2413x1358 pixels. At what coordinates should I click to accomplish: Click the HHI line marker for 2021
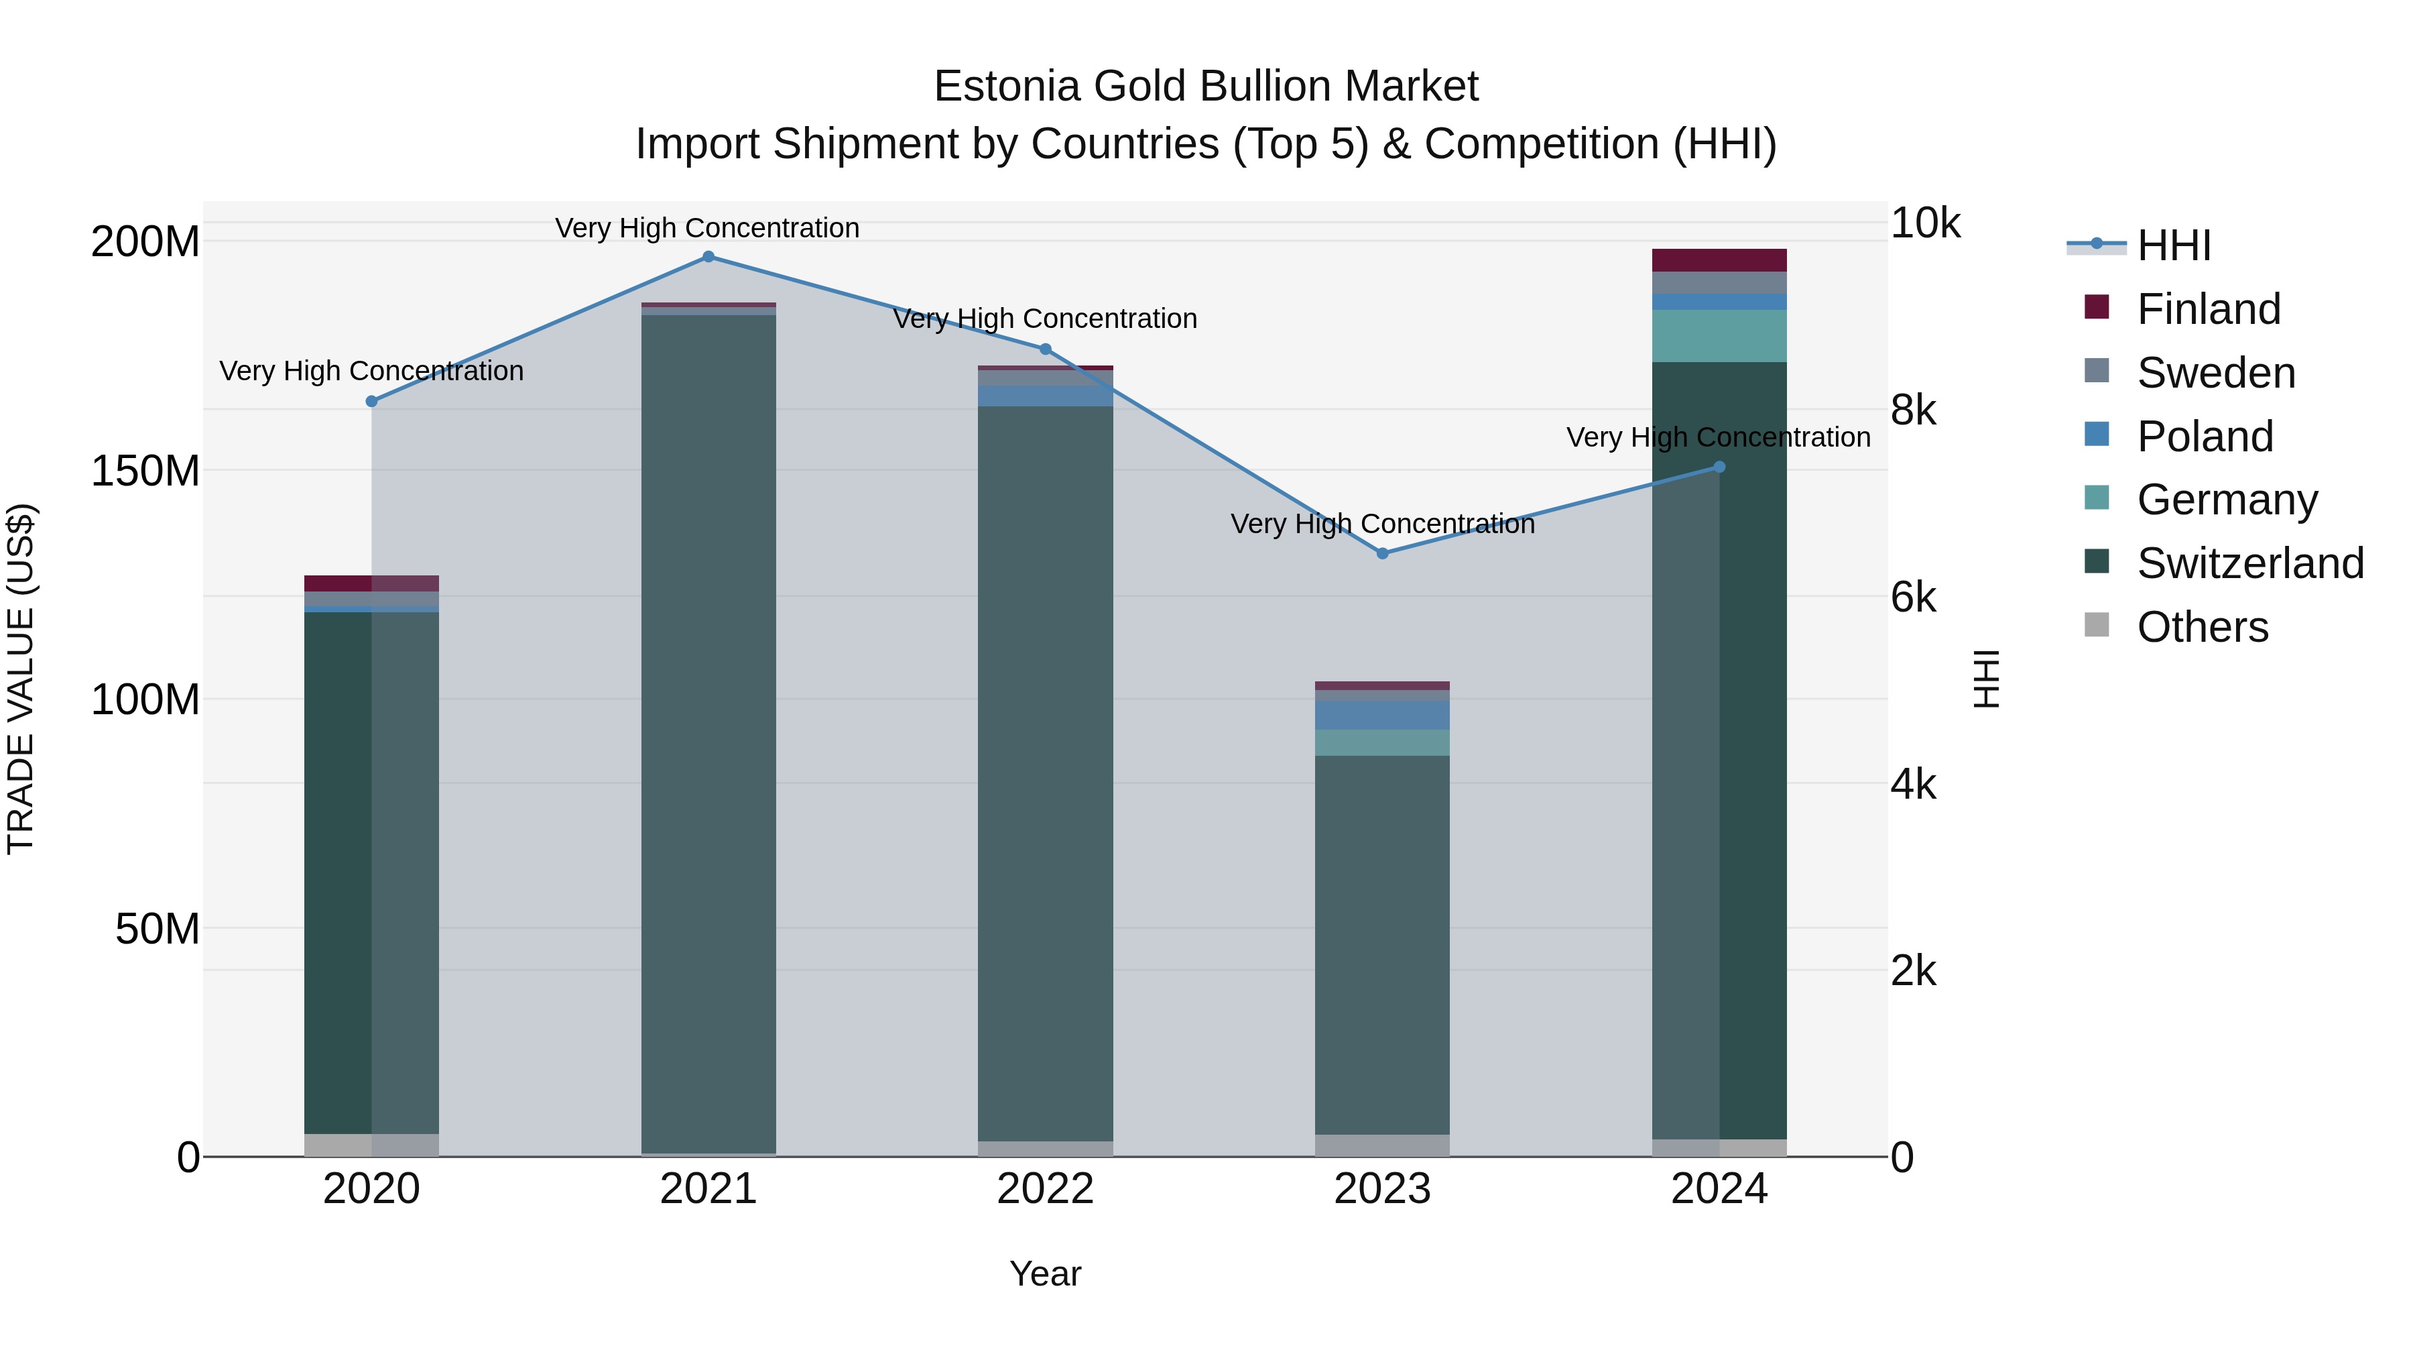point(708,257)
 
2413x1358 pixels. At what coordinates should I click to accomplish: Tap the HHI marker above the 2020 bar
point(372,401)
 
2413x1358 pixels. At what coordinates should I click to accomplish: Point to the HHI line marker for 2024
point(1719,467)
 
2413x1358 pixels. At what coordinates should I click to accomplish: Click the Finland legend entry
point(2207,309)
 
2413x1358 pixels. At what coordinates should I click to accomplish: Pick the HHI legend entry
point(2173,245)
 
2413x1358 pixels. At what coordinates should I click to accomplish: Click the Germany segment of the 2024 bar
point(1719,335)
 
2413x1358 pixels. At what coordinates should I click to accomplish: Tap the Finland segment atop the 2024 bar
point(1719,260)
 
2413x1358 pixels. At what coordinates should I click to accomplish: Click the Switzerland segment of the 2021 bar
point(708,731)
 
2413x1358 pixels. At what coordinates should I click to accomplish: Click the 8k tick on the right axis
point(1913,410)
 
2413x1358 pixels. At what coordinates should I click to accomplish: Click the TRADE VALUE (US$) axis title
point(21,679)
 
